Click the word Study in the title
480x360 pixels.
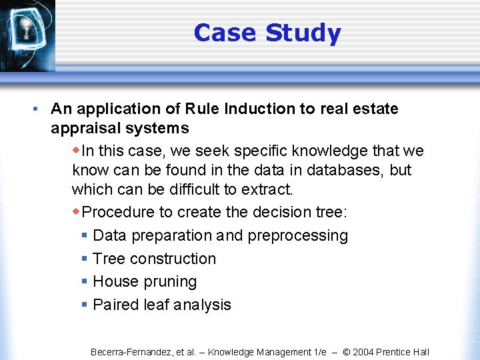303,33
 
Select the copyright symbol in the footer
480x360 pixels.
347,352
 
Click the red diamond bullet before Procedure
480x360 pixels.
76,212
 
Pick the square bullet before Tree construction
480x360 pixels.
85,259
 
